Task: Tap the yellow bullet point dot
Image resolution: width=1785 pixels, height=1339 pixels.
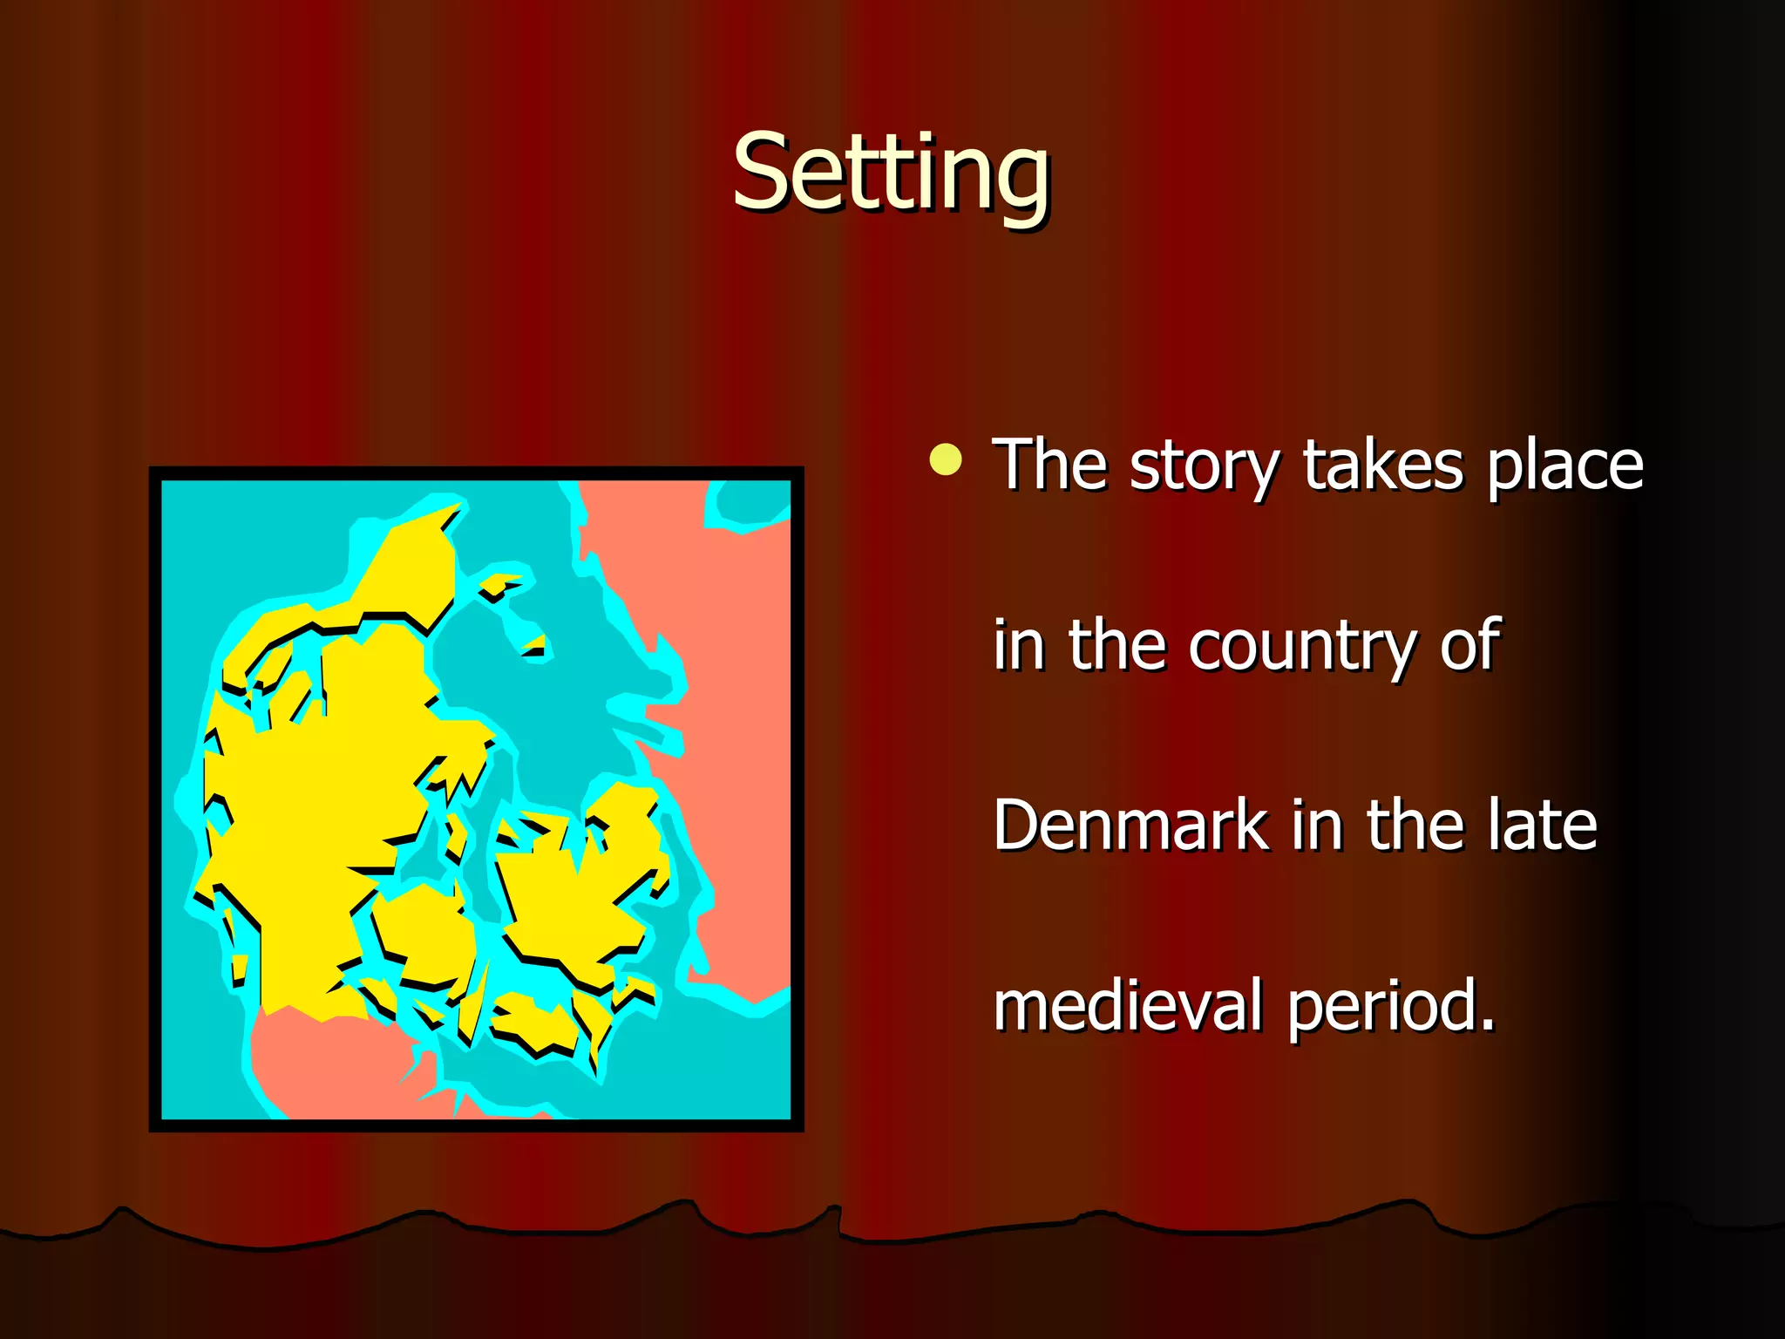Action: click(x=946, y=460)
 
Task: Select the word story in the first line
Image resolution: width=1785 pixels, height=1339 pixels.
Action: click(x=1204, y=466)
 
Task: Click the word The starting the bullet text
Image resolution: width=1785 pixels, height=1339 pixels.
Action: click(x=1049, y=466)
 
